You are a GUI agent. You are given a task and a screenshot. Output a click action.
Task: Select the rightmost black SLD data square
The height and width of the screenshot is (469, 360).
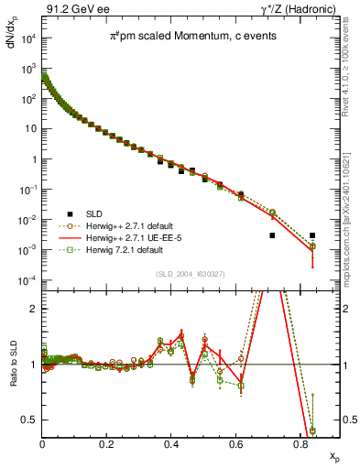tap(312, 235)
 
